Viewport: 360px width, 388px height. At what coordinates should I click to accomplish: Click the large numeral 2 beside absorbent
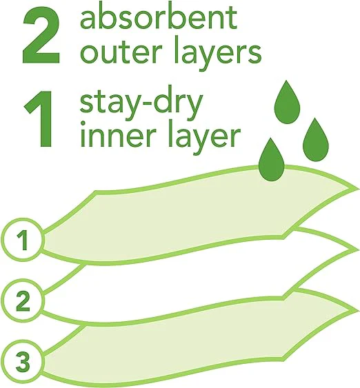pos(41,37)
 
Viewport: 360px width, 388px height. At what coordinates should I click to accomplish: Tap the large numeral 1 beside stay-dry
pos(39,119)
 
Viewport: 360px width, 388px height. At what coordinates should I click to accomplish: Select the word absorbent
pos(159,18)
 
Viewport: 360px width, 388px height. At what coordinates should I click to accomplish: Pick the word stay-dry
pos(141,105)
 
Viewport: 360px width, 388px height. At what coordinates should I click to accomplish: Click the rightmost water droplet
pos(316,141)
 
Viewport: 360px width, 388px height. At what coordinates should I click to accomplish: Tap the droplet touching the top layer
pos(272,161)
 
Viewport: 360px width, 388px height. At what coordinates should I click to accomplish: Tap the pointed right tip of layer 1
pos(359,189)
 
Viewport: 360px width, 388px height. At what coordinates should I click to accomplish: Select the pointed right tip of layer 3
pos(359,312)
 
